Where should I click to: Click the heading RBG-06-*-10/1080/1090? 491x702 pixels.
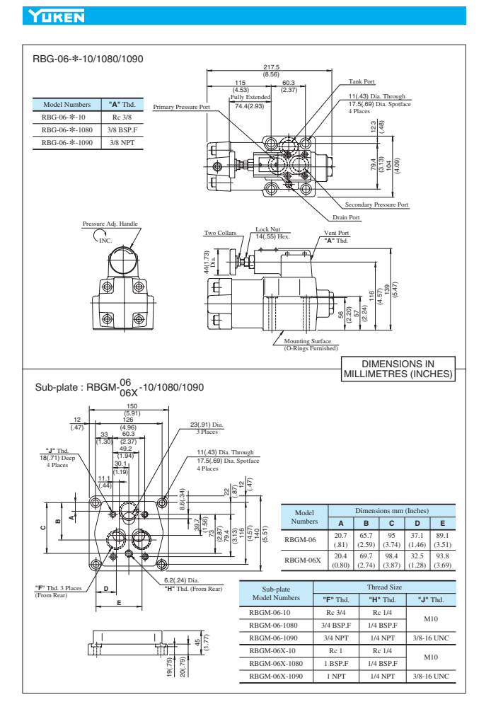point(88,59)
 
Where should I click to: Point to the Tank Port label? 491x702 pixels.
point(362,81)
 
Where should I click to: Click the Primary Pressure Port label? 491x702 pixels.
point(182,107)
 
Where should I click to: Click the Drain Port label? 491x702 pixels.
point(347,217)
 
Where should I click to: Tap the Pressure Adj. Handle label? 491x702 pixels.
point(110,224)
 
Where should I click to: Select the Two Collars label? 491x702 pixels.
point(220,233)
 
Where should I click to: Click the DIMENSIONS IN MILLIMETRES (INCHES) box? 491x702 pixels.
point(397,369)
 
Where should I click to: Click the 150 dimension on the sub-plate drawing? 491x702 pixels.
point(132,406)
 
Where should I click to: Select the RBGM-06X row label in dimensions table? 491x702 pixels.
point(303,559)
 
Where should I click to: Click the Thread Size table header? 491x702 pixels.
point(384,587)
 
